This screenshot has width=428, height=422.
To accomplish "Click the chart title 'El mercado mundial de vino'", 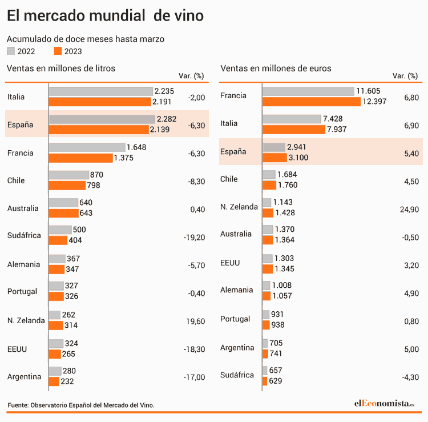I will coord(104,16).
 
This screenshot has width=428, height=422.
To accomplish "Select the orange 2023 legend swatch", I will coord(57,51).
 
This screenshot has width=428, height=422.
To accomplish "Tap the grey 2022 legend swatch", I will coord(10,51).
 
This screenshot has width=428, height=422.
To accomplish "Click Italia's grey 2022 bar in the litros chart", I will coord(100,91).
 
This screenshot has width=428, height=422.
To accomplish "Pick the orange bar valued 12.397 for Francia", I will coord(312,101).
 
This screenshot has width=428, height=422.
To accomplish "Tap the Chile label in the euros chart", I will coord(229,179).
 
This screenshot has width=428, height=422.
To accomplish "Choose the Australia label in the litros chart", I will coord(23,208).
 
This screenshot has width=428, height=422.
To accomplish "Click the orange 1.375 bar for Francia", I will coord(80,158).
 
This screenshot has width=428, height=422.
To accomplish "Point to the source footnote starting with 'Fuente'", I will coord(81,405).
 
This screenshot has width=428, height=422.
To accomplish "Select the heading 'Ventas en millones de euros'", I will coord(276,69).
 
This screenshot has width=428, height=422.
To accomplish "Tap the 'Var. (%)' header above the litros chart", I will coord(190,76).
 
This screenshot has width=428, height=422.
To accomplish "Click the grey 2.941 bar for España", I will coord(274,147).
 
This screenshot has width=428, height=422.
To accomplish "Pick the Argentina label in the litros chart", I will coord(24,377).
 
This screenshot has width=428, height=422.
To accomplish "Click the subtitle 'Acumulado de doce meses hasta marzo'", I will coord(85,39).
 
